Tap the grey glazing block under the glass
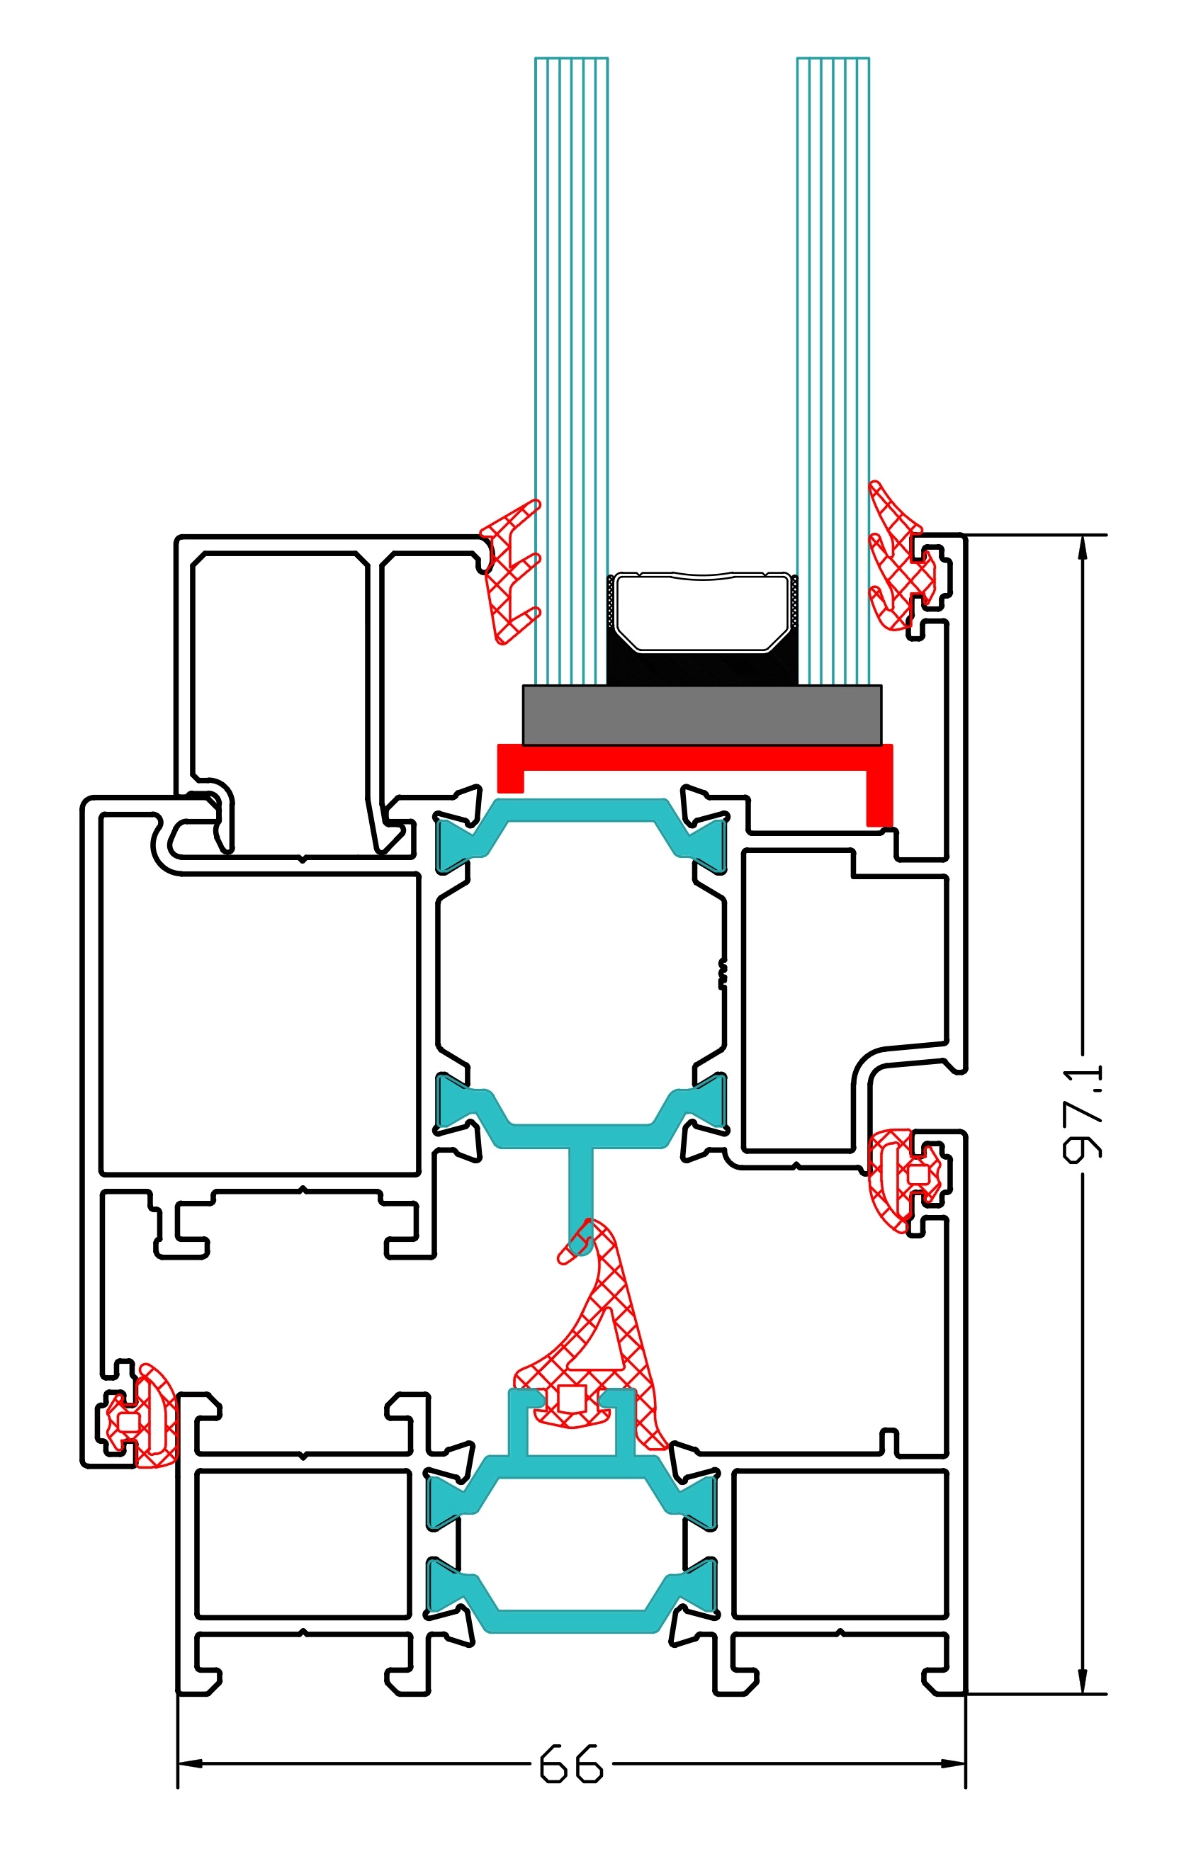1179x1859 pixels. pos(701,715)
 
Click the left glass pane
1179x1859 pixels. pos(571,309)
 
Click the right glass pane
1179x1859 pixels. pos(833,309)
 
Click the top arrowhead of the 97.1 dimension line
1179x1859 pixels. pos(1083,547)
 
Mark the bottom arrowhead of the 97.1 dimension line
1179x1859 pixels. pos(1083,1681)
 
